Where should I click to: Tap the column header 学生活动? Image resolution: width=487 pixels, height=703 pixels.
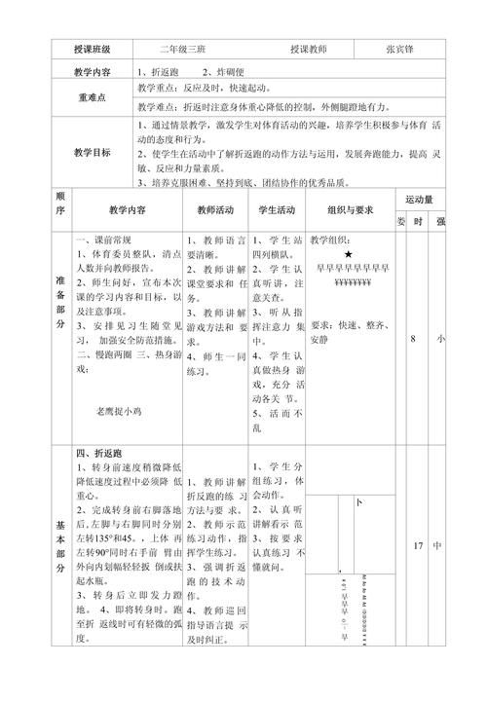pos(277,209)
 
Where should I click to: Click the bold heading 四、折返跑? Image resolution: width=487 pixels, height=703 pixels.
pos(101,455)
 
